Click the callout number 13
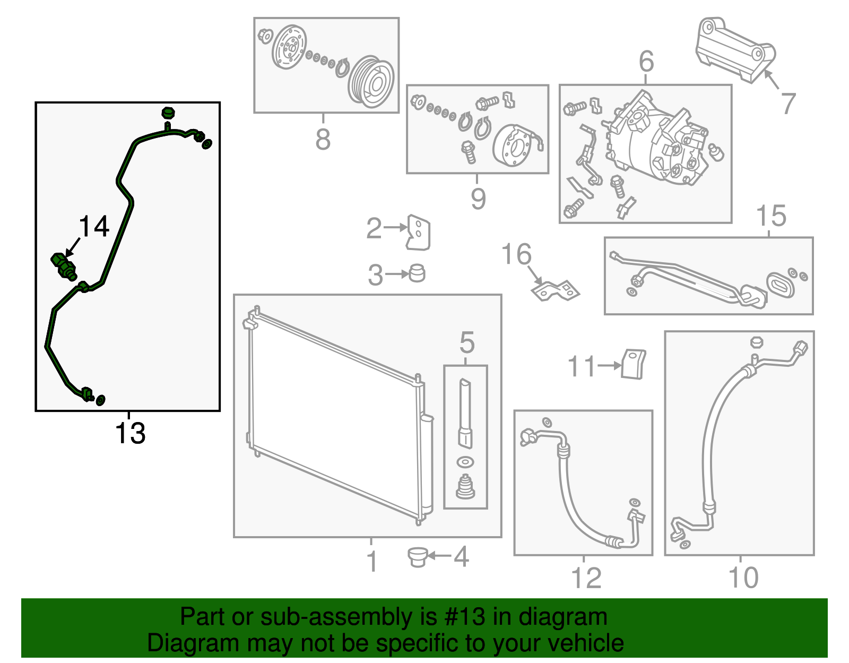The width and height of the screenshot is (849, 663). coord(130,433)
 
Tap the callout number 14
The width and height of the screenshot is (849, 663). coord(94,227)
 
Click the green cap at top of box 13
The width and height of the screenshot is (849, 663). coord(168,113)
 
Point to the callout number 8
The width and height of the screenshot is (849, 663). coord(323,140)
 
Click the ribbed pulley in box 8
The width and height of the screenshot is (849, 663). coord(371,82)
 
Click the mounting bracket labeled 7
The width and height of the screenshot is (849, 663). coord(735,50)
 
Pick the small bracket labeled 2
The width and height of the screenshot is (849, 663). coord(418,233)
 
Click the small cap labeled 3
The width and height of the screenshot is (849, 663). coord(418,273)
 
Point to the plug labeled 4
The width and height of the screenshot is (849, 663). coord(418,557)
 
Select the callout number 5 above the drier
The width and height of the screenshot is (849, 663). coord(466,342)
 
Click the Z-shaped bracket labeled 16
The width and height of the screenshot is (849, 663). coord(555,290)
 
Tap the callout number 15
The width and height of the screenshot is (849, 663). coord(770,216)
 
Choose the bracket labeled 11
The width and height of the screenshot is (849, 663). coord(633,364)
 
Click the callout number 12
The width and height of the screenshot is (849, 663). coord(586,578)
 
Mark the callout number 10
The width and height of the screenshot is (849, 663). coord(743,578)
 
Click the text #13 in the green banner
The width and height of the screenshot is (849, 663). coord(462,617)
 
